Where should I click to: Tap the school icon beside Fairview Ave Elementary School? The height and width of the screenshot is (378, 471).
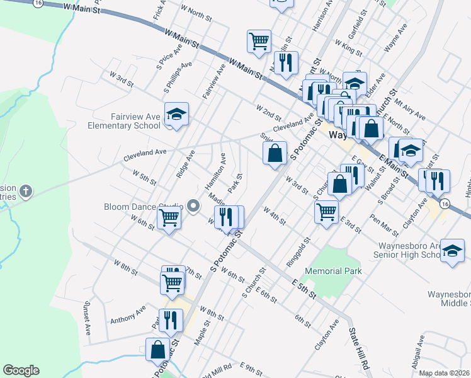[x=177, y=114]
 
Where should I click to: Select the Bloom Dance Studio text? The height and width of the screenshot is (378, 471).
[x=144, y=206]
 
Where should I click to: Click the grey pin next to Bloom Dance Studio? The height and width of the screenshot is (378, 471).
[x=194, y=205]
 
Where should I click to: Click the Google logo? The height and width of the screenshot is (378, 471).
[x=21, y=370]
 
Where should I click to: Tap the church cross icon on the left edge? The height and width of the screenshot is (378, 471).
[x=26, y=190]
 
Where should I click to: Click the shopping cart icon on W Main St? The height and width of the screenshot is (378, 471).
[x=259, y=41]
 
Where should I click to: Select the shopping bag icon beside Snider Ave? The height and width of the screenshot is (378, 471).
[x=275, y=152]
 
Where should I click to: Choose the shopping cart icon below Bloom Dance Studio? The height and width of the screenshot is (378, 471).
[x=169, y=218]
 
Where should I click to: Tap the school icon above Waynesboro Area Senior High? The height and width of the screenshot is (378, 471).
[x=452, y=250]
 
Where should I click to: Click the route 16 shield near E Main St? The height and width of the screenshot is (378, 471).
[x=445, y=203]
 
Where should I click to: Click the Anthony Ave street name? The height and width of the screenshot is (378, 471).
[x=128, y=314]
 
